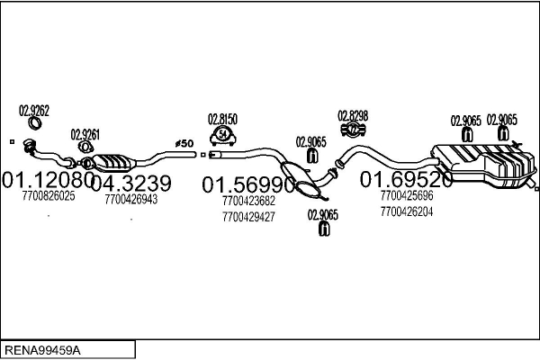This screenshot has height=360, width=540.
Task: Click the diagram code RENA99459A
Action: (x=42, y=350)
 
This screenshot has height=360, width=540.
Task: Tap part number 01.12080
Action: (x=48, y=179)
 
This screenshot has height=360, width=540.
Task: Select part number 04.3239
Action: (x=131, y=183)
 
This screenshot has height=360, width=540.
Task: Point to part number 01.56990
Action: (x=248, y=184)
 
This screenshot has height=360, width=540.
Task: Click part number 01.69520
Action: (x=406, y=179)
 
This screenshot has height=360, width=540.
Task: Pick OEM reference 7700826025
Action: (x=49, y=195)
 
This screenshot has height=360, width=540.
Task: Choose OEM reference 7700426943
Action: (x=131, y=199)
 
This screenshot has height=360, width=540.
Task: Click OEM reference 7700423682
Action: (x=248, y=201)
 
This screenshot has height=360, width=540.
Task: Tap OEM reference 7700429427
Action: (x=248, y=217)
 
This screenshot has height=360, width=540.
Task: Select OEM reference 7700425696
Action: (x=407, y=195)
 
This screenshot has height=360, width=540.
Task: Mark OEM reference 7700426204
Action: (x=407, y=211)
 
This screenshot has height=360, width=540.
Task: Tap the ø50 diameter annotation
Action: (x=184, y=143)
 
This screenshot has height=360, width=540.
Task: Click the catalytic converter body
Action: (x=113, y=163)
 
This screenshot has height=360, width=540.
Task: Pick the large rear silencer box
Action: (x=484, y=166)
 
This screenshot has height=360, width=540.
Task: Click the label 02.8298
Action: (x=353, y=116)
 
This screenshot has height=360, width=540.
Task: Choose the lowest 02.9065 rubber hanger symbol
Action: (x=324, y=229)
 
